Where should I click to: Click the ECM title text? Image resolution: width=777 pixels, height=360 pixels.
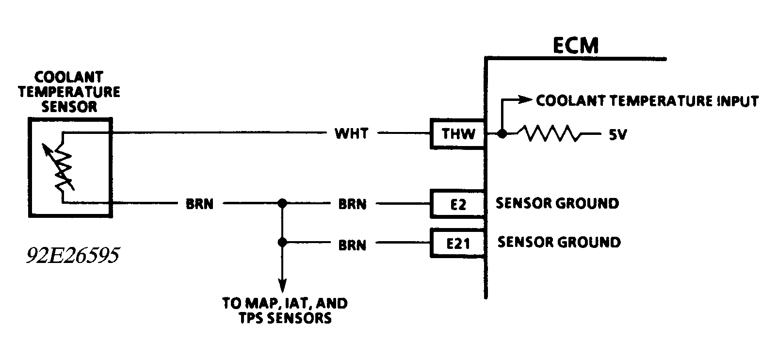point(576,46)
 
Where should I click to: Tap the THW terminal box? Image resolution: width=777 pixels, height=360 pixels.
point(458,133)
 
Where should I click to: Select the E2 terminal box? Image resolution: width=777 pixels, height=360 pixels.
point(458,204)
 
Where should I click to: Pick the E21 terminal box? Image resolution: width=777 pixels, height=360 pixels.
point(458,243)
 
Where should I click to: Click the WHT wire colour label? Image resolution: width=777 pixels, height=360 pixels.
point(352,133)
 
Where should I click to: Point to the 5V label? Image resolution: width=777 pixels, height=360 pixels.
point(617,135)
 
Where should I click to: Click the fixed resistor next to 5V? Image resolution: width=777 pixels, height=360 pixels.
point(548,133)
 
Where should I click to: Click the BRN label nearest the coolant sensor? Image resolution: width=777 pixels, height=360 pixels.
point(199,204)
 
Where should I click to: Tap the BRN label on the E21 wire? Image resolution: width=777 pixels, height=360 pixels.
point(352,245)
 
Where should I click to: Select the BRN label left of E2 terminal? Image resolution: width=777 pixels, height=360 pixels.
point(352,204)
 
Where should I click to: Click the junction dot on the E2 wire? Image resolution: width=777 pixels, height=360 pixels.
point(282,204)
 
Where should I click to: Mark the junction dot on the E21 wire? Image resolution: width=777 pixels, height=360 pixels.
point(282,242)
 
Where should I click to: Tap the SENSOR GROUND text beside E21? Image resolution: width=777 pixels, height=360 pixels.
point(559,242)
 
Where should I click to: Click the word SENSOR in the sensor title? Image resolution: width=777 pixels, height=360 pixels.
point(69,107)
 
